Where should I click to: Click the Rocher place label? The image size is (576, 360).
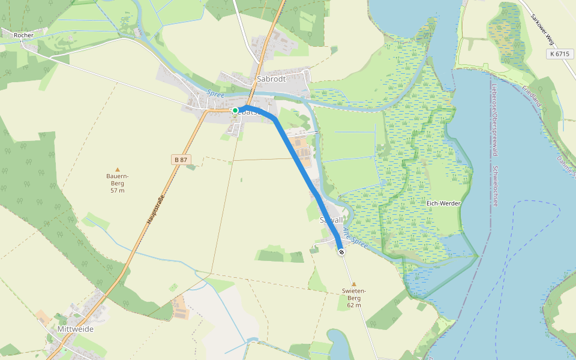tap(23, 35)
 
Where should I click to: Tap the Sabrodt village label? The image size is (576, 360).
tap(271, 79)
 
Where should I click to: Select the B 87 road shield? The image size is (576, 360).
tap(180, 159)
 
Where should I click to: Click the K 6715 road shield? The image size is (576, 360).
tap(559, 54)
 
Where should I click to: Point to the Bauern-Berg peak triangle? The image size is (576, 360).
tap(118, 169)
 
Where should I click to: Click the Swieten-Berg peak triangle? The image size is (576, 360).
tap(354, 284)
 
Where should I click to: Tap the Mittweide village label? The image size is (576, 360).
tap(76, 329)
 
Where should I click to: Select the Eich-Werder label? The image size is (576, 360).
tap(443, 203)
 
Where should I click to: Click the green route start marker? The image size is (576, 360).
tap(235, 110)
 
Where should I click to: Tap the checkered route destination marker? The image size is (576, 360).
tap(341, 253)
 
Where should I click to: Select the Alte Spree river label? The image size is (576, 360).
tap(355, 238)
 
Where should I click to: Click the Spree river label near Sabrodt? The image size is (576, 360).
tap(215, 94)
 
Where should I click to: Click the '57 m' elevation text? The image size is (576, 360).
tap(118, 190)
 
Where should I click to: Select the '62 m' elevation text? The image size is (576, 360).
tap(354, 305)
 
